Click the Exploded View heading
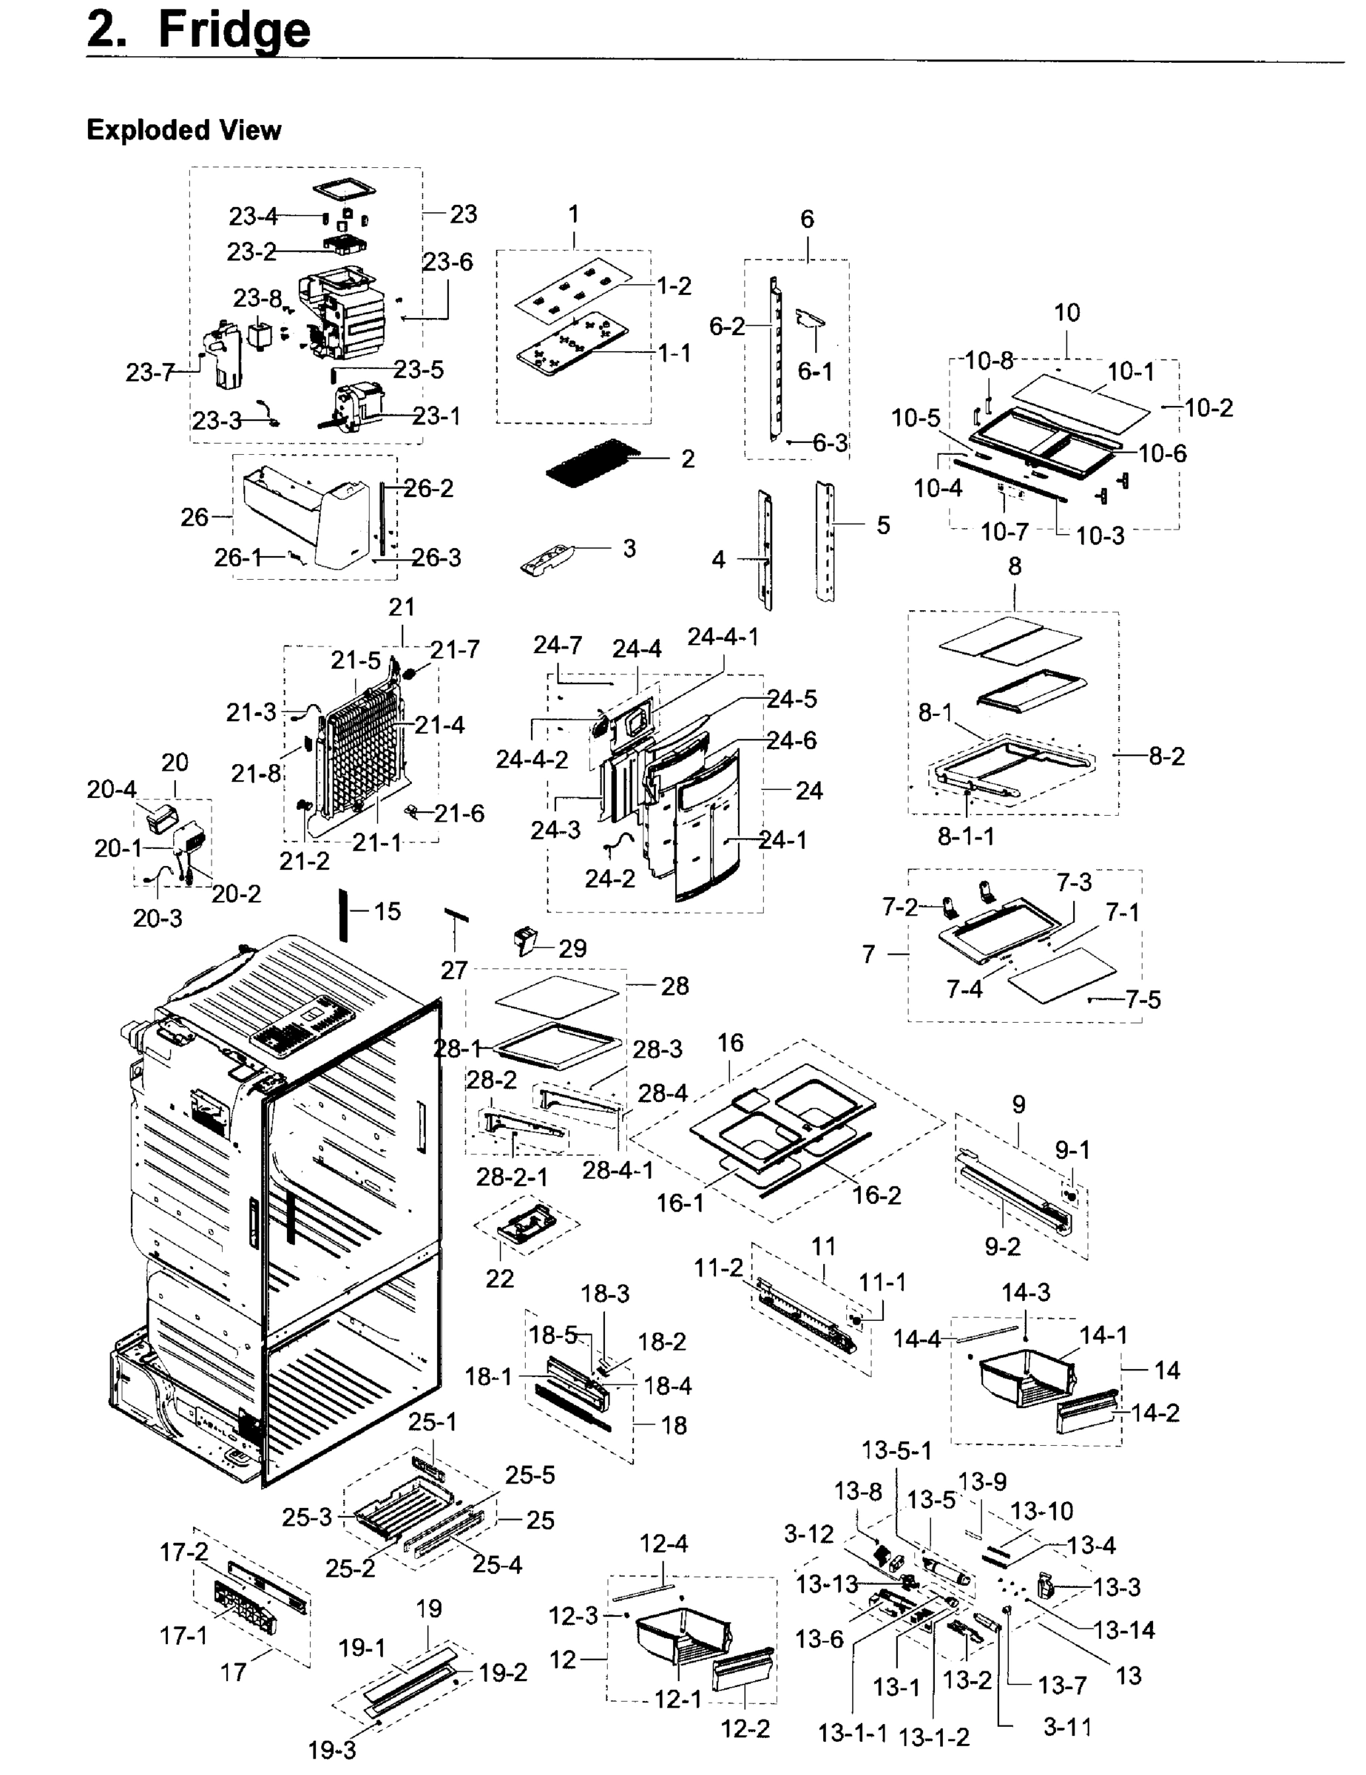click(x=183, y=130)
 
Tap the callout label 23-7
click(x=150, y=372)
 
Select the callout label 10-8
click(x=989, y=360)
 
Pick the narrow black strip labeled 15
click(x=344, y=914)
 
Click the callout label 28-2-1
click(x=512, y=1176)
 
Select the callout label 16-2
click(x=876, y=1194)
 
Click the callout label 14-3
click(x=1026, y=1292)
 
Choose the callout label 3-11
click(x=1067, y=1727)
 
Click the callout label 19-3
click(x=331, y=1750)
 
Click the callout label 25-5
click(x=530, y=1474)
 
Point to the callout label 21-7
click(x=454, y=649)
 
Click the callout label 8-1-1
click(x=965, y=836)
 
